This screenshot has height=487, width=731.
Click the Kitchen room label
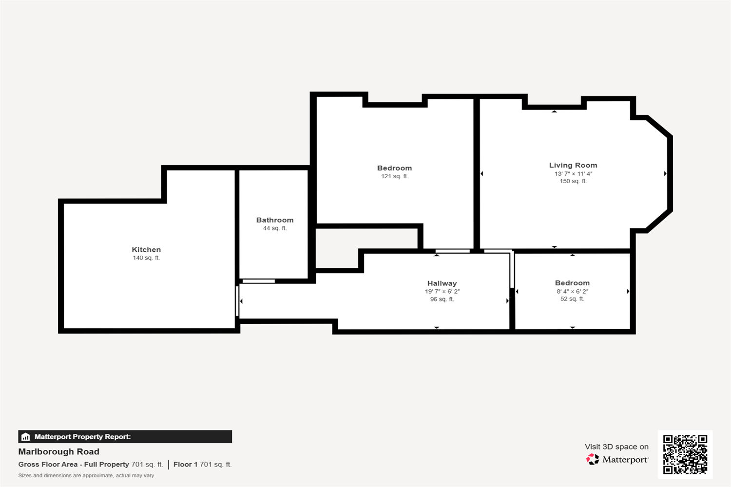146,249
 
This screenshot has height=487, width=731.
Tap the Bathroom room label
275,220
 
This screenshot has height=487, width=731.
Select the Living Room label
573,166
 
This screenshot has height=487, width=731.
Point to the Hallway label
442,283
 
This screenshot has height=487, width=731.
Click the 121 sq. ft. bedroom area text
395,176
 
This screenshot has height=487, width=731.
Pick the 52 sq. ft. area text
572,299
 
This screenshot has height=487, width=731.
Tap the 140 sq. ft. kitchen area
146,258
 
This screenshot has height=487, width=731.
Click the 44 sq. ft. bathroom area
275,228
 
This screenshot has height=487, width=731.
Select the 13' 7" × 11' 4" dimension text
573,173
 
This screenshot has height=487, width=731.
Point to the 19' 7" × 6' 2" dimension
442,291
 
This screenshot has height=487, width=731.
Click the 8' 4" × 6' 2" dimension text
572,291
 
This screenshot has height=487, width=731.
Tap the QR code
685,454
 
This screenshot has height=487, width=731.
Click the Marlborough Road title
59,451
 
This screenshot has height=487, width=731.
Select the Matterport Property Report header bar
125,436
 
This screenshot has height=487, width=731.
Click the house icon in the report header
25,437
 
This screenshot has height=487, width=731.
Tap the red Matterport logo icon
592,459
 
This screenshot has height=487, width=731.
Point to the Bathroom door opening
258,281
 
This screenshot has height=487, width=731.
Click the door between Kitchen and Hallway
237,301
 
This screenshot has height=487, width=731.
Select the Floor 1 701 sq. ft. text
202,464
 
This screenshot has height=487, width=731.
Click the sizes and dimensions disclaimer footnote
86,476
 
